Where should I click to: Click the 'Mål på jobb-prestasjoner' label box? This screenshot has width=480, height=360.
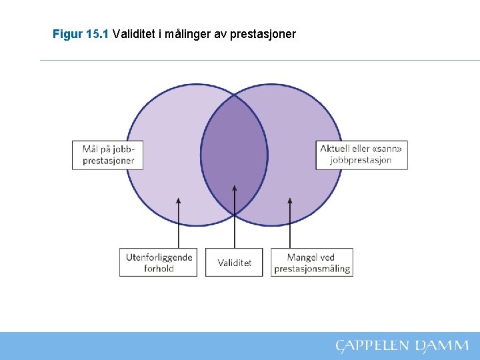coord(108,155)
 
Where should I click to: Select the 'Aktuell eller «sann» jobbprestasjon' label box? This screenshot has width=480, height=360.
coord(362,155)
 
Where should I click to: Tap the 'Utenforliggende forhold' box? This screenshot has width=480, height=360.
coord(159,263)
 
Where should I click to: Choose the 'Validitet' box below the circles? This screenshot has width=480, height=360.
coord(235,263)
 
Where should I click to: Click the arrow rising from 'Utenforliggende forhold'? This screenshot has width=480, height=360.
coord(178,223)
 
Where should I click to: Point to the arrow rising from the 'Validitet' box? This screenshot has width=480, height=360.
coord(235,217)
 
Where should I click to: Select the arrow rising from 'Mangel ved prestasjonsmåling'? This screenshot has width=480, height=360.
coord(289,223)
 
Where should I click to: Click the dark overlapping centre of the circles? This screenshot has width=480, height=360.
coord(235,155)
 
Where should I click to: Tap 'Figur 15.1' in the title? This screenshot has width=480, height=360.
coord(81,33)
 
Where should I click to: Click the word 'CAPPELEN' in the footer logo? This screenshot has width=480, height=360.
coord(371,345)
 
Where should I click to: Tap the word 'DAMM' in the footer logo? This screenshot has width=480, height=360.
coord(442,345)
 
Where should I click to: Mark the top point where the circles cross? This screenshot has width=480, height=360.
coord(235,95)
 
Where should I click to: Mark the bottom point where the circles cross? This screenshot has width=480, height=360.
coord(235,214)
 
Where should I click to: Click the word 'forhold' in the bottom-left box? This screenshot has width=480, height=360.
coord(159,269)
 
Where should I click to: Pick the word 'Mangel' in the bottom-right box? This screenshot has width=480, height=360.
coord(301,257)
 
